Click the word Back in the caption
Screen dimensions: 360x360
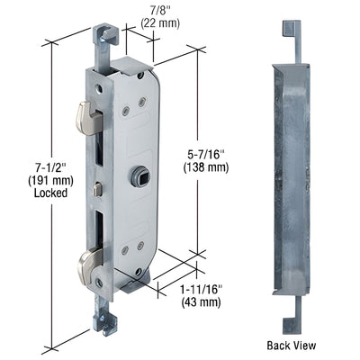(281, 344)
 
